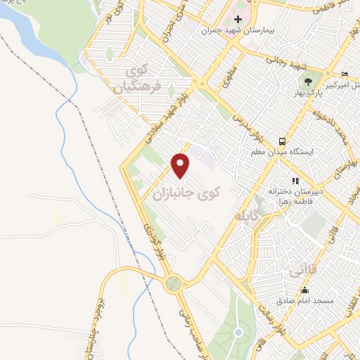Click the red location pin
tap(181, 165)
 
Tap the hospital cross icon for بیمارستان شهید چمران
tap(238, 19)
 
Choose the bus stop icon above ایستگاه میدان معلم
tap(282, 140)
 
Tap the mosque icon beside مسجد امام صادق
tap(304, 290)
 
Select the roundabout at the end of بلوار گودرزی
tap(172, 283)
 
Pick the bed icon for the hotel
tap(345, 74)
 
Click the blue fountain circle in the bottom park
tap(238, 332)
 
